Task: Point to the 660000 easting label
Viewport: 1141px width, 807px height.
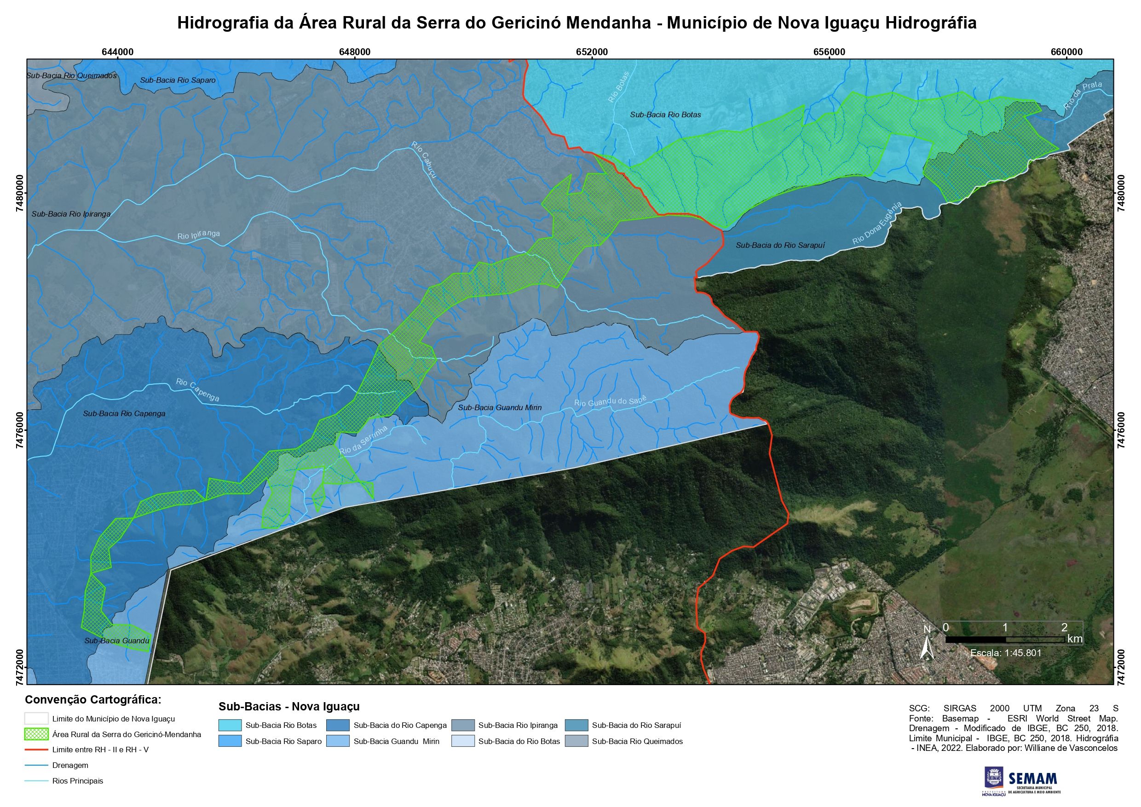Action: (x=1067, y=52)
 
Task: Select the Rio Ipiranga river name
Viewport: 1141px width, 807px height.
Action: (x=198, y=235)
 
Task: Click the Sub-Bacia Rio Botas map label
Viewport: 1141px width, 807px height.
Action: (x=665, y=115)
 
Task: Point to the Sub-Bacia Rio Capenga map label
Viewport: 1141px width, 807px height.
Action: (x=124, y=413)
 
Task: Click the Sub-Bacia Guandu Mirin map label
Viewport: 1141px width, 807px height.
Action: (x=500, y=407)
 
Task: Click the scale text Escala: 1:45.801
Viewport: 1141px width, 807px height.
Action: (x=1005, y=653)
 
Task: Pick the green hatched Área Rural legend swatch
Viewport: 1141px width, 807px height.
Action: (x=36, y=734)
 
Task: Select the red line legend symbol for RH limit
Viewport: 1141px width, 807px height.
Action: (x=36, y=750)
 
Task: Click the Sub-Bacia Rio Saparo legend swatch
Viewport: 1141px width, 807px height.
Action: (x=229, y=741)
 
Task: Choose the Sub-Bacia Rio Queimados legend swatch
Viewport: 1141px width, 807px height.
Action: (x=577, y=741)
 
